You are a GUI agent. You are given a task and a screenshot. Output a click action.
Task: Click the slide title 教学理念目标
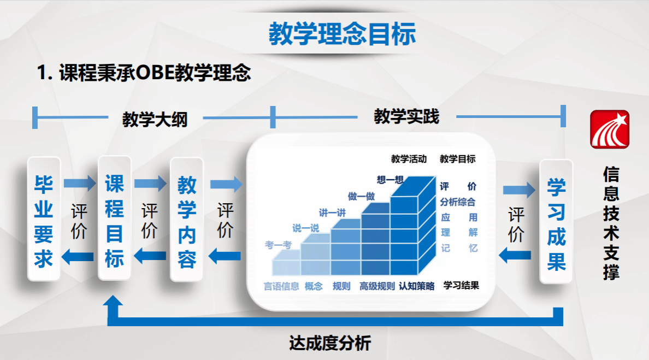click(x=343, y=34)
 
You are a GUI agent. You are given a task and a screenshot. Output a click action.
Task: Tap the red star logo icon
click(x=610, y=129)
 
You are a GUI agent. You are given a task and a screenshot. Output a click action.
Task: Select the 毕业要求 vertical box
click(x=44, y=219)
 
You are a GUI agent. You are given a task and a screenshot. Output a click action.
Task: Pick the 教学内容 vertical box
click(x=187, y=220)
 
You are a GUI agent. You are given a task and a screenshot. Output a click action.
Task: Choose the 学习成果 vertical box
click(x=556, y=221)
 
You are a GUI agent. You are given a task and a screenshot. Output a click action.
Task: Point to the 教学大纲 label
click(x=155, y=120)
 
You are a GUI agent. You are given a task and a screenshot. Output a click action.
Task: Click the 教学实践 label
click(x=406, y=117)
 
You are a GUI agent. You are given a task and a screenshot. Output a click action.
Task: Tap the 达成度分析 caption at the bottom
click(x=330, y=343)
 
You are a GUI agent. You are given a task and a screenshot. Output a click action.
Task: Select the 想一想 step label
click(x=390, y=180)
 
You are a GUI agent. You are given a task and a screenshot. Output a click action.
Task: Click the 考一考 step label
click(x=278, y=245)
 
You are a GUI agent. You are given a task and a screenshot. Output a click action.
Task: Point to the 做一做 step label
click(x=361, y=196)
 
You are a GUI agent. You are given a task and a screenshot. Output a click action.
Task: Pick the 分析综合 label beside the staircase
click(x=457, y=202)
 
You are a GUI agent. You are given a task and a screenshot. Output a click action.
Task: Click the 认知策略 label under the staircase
click(x=416, y=286)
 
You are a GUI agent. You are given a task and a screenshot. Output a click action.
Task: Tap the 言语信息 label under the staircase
click(x=281, y=286)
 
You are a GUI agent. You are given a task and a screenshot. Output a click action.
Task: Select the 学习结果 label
click(x=461, y=285)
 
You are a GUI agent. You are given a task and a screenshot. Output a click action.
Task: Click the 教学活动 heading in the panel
click(x=409, y=159)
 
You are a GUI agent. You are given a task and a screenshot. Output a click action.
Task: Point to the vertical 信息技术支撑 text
click(x=611, y=223)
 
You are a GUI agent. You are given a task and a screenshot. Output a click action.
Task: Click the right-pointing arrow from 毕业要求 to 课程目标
click(x=80, y=184)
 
